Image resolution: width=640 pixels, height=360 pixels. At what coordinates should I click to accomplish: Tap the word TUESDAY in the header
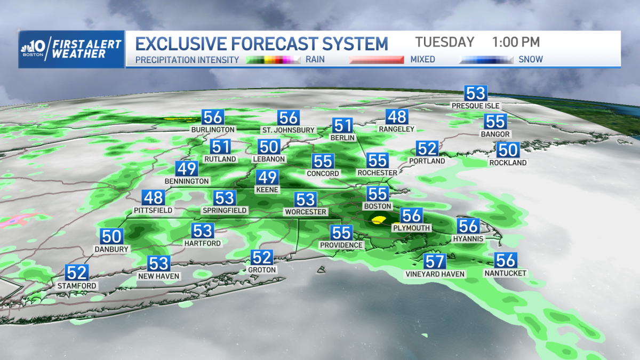pos(444,42)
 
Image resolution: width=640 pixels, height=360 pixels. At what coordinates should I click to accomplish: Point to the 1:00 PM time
pos(516,42)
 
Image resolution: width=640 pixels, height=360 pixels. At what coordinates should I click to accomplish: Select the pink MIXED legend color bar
pos(377,60)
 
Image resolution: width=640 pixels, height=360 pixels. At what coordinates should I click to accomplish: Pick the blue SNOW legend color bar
pos(486,60)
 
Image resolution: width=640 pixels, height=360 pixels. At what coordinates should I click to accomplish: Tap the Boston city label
pos(378,206)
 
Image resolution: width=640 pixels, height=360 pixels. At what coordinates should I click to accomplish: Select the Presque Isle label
pos(476,106)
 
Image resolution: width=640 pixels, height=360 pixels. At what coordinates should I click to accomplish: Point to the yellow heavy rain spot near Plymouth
pos(379,219)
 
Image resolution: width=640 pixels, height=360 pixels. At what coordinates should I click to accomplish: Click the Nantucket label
pos(505,273)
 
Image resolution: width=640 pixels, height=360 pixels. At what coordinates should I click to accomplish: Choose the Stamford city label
pos(77,286)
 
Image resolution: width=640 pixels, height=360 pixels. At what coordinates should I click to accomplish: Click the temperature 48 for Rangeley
pos(397,117)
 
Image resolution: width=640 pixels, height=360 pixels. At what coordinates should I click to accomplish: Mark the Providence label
pos(341,245)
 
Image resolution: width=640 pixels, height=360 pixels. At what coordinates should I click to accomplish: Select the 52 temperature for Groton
pos(262,258)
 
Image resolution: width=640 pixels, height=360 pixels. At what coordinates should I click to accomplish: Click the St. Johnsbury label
pos(289,130)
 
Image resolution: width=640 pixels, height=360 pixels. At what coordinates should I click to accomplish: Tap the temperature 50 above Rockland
pos(508,150)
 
